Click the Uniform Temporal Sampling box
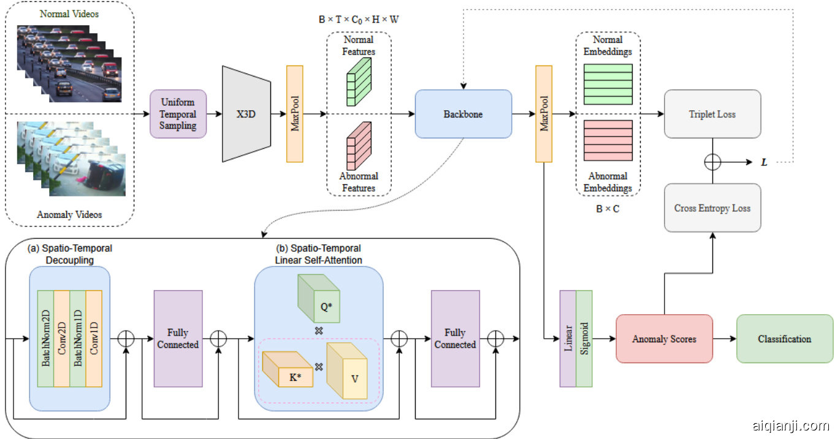click(x=178, y=114)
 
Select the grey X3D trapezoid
click(x=246, y=113)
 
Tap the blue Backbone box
click(x=463, y=114)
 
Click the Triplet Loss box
click(x=712, y=114)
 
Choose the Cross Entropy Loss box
click(x=712, y=208)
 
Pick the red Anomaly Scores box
click(x=664, y=339)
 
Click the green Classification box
click(x=784, y=339)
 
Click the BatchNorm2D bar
click(x=45, y=338)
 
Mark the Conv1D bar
click(x=94, y=338)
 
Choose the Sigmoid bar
click(x=584, y=339)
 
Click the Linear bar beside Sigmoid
click(x=568, y=339)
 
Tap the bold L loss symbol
click(x=764, y=162)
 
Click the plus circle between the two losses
click(x=712, y=162)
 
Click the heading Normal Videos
click(x=69, y=13)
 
